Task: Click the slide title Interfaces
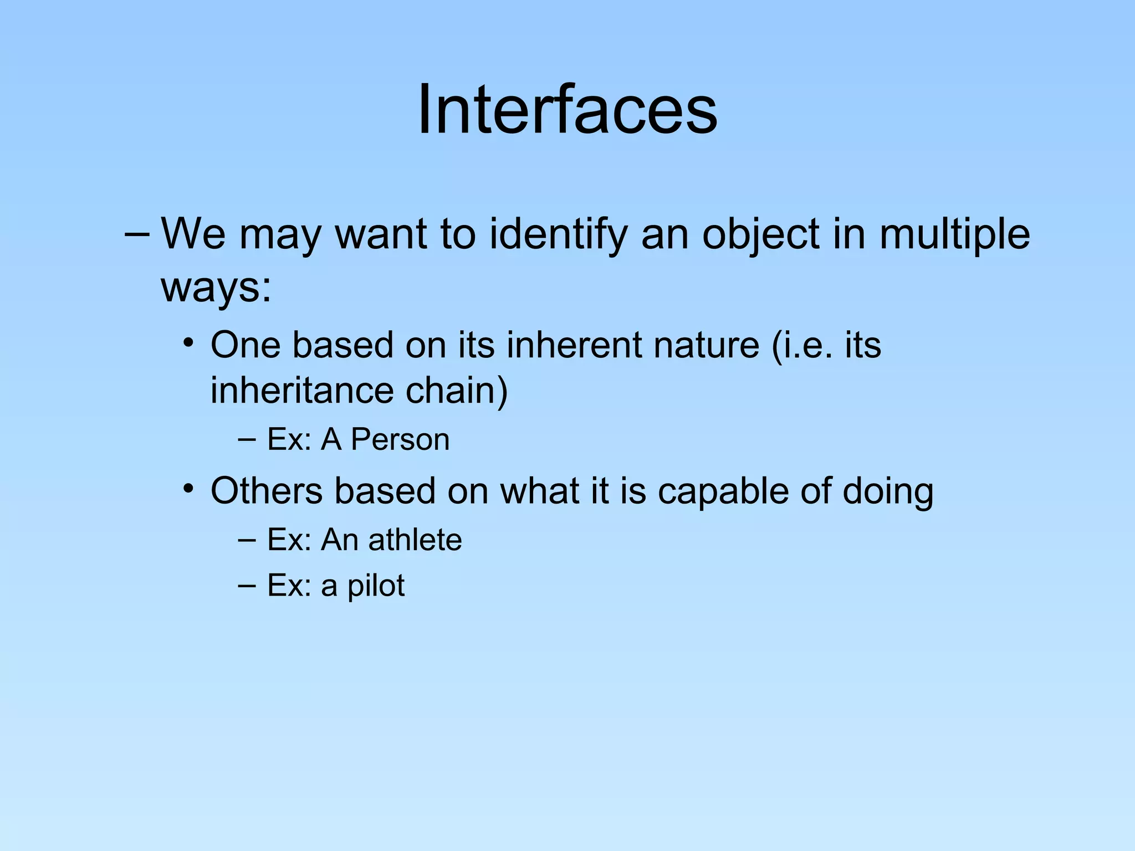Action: (567, 109)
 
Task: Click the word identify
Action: (559, 234)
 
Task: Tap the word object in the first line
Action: (760, 234)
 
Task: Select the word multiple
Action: (954, 234)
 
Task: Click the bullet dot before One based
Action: (189, 342)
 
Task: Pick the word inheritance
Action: (302, 391)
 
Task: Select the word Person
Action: (400, 440)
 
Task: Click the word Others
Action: (267, 491)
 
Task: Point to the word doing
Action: (888, 493)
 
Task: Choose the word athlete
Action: (415, 540)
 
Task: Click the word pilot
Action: (376, 586)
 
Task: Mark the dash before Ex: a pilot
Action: (247, 585)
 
